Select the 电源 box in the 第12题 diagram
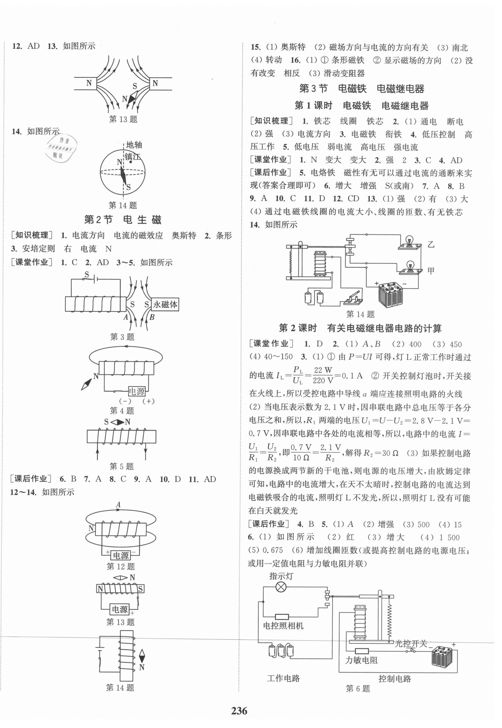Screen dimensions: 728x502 121,555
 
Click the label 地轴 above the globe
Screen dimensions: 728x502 134,145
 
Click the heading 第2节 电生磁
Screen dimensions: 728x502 123,219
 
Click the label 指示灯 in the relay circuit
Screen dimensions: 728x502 281,576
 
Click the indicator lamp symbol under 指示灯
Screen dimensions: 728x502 281,587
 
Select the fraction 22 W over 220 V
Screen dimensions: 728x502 323,375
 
